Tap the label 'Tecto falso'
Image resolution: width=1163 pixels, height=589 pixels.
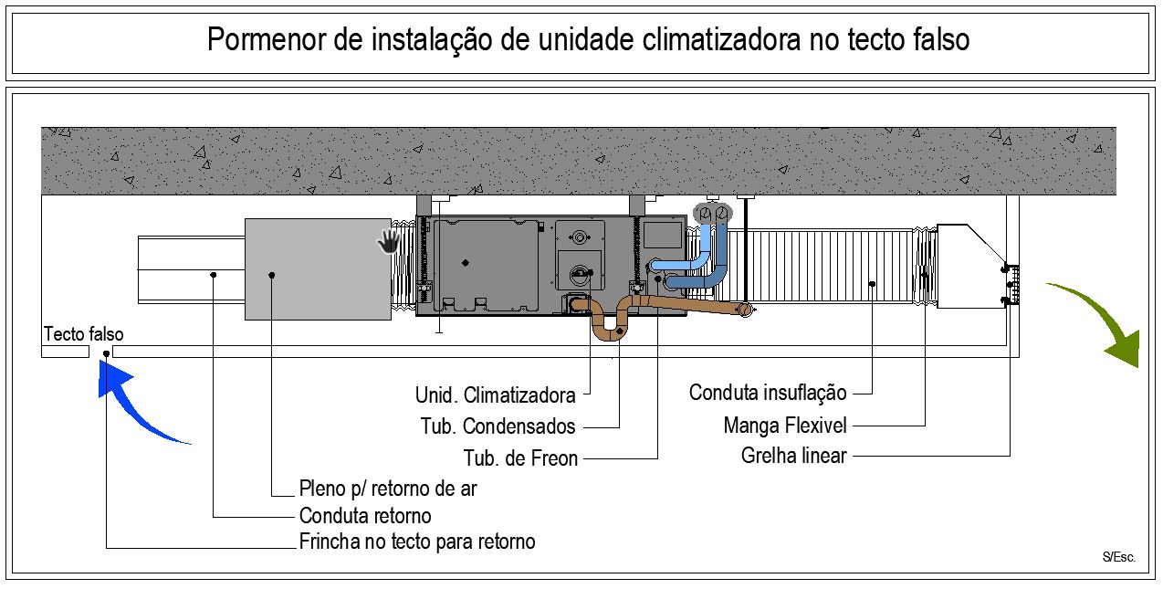[x=84, y=334]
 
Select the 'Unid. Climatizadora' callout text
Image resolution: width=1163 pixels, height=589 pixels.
[x=496, y=395]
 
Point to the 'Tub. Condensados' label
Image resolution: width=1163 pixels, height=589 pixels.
[x=498, y=426]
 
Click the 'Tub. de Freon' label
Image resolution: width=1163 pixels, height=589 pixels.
[x=520, y=458]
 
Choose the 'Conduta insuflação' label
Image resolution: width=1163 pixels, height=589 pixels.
[x=768, y=393]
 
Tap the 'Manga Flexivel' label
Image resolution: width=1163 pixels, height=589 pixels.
[x=785, y=426]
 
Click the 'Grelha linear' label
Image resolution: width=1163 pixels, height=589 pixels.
[x=794, y=456]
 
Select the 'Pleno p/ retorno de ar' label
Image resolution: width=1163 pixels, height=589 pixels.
[x=388, y=489]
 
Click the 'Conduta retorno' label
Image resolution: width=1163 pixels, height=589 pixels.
[x=365, y=516]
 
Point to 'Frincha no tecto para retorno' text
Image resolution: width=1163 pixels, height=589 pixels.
[x=417, y=542]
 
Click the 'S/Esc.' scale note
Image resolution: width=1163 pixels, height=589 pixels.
[x=1119, y=557]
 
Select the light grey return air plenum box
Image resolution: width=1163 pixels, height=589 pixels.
[x=318, y=269]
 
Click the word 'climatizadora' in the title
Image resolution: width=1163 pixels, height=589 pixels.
[x=722, y=39]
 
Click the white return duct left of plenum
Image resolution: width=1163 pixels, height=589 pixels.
[x=192, y=269]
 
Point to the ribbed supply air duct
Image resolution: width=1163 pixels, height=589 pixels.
[x=821, y=267]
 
